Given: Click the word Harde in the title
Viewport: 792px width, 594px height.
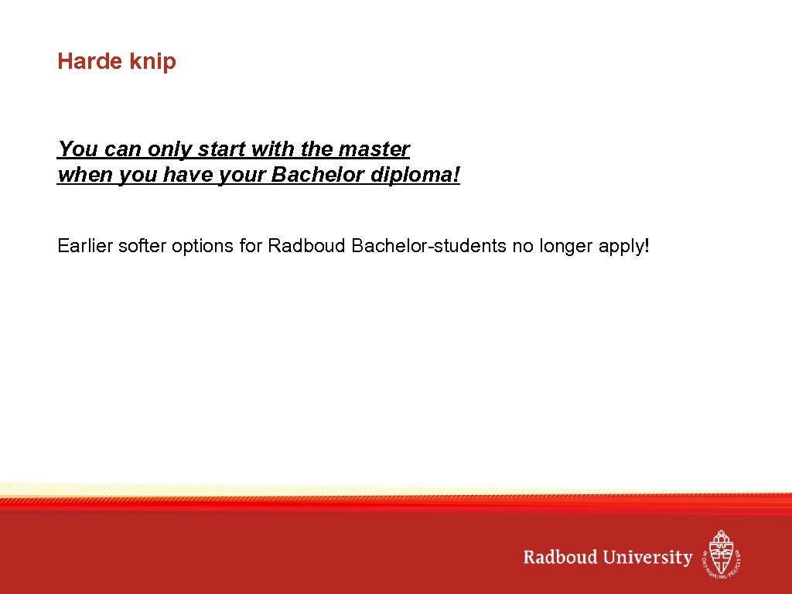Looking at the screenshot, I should point(85,62).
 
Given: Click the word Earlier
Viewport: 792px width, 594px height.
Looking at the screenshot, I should point(85,247).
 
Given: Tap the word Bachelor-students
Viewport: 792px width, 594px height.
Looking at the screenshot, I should point(428,247).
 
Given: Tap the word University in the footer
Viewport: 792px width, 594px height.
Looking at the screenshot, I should point(648,558).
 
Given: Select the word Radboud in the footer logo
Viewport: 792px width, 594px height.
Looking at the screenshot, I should point(558,558).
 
